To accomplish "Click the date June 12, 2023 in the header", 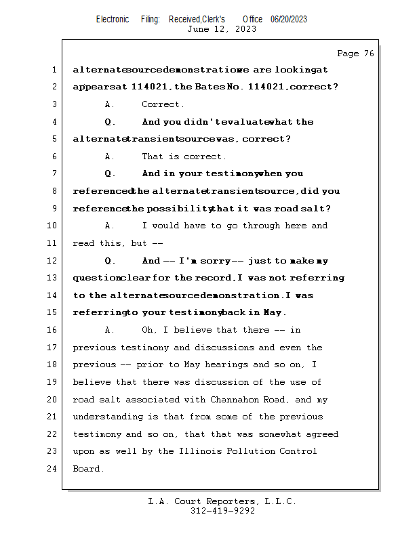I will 221,29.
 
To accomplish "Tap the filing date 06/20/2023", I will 289,19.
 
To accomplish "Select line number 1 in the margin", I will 54,70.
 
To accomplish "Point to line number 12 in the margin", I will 52,261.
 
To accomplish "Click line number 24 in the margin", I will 52,469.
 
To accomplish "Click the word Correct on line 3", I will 162,104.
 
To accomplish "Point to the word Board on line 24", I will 87,469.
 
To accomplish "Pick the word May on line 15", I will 273,312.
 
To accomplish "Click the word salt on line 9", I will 318,209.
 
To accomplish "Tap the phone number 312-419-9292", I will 222,511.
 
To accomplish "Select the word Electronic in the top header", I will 113,19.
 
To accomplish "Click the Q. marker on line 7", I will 111,174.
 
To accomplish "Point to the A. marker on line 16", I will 110,330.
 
